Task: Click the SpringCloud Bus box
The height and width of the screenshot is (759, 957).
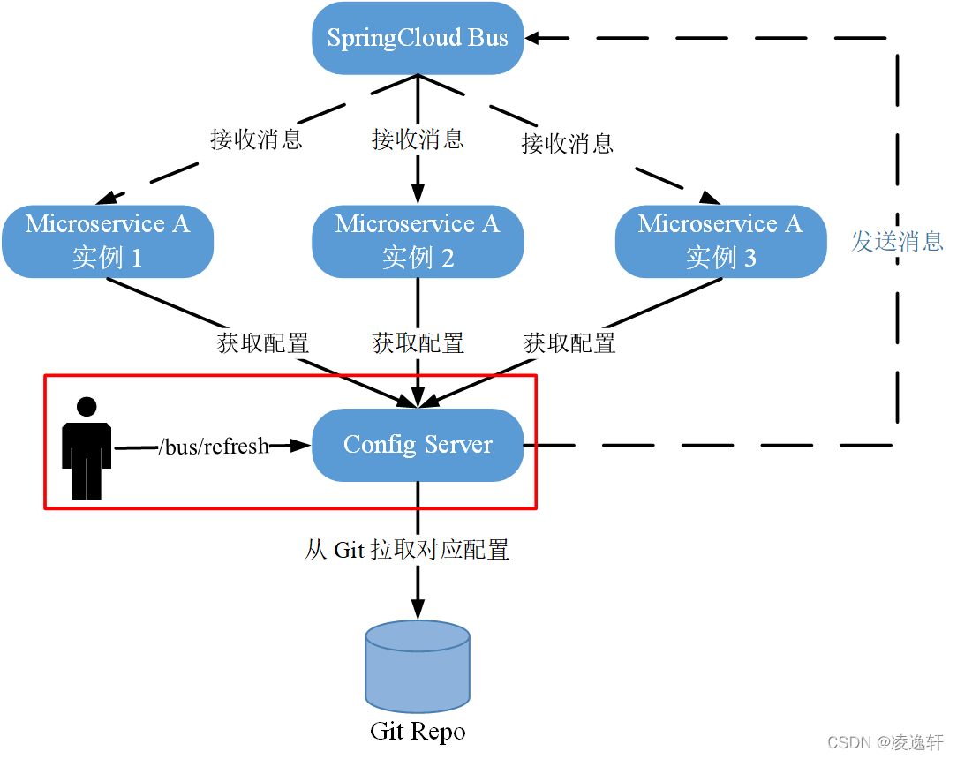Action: point(418,39)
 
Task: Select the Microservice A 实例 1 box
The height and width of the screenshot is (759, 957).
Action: point(108,241)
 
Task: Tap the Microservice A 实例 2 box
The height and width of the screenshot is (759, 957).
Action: point(418,241)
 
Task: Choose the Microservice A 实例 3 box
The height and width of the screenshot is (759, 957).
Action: point(720,241)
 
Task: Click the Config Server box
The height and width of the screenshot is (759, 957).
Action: point(418,445)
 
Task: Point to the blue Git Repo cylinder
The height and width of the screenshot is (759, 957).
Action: point(418,666)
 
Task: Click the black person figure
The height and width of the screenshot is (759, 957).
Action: point(87,455)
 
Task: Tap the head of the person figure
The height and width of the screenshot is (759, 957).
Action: point(87,407)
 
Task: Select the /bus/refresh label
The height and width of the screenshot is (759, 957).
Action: point(213,447)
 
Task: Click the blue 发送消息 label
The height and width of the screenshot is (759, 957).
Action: point(897,241)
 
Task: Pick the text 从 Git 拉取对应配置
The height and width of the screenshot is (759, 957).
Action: point(407,550)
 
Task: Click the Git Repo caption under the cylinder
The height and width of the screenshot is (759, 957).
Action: point(418,732)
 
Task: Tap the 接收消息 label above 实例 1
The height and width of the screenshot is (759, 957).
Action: point(256,139)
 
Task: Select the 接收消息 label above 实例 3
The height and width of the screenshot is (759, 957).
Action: point(568,143)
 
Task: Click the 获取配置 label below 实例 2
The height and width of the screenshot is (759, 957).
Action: point(418,342)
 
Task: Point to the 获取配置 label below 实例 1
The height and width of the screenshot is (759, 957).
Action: point(263,342)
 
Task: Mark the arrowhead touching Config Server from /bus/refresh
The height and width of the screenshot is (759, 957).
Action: point(302,446)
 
